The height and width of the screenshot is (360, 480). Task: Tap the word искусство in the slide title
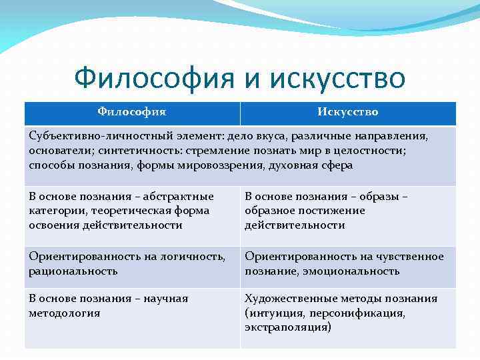(338, 78)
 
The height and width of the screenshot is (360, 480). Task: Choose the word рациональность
(73, 271)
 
